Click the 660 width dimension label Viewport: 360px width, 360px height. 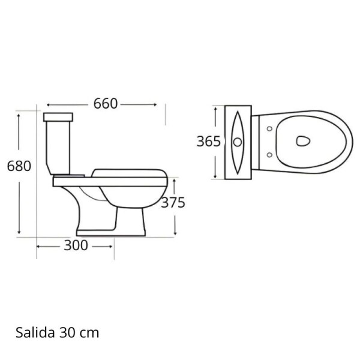click(x=104, y=104)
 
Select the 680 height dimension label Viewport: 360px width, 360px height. click(x=18, y=166)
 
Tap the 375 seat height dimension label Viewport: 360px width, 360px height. click(x=173, y=202)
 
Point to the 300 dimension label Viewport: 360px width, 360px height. click(x=76, y=245)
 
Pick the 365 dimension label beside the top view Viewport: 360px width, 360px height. click(x=208, y=142)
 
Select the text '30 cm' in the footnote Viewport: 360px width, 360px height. click(x=84, y=332)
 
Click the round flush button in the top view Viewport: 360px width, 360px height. click(x=238, y=142)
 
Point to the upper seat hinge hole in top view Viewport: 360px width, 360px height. click(x=268, y=128)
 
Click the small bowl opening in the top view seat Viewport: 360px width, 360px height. click(x=304, y=142)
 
